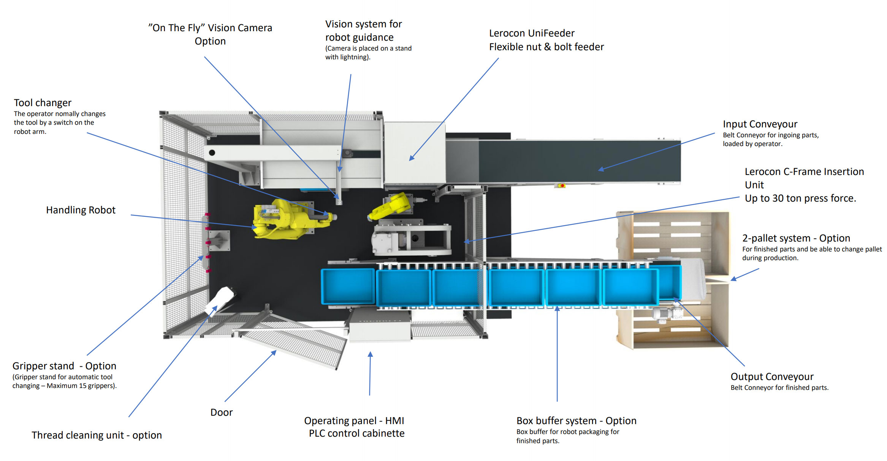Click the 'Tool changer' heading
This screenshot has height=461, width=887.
(x=43, y=103)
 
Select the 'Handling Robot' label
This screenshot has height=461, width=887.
(x=81, y=210)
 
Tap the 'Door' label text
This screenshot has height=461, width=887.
(x=222, y=412)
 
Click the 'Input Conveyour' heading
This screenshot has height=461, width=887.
(x=760, y=124)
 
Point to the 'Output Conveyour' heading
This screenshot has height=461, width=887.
(x=772, y=377)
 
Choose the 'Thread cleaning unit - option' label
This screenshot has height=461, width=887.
(x=97, y=435)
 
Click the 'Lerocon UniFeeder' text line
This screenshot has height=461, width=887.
(x=532, y=33)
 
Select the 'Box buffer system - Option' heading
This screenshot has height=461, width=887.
(x=576, y=421)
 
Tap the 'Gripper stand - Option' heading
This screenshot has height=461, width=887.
(x=64, y=366)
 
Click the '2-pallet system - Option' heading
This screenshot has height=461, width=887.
(x=796, y=238)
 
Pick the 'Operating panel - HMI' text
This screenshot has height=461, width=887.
(x=354, y=421)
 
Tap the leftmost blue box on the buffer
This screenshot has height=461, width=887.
(x=348, y=286)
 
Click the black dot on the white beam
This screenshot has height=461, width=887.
(x=212, y=153)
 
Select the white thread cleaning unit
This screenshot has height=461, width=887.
(x=220, y=300)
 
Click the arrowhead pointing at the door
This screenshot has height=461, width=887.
(x=274, y=353)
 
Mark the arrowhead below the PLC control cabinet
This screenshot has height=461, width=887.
(x=370, y=354)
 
